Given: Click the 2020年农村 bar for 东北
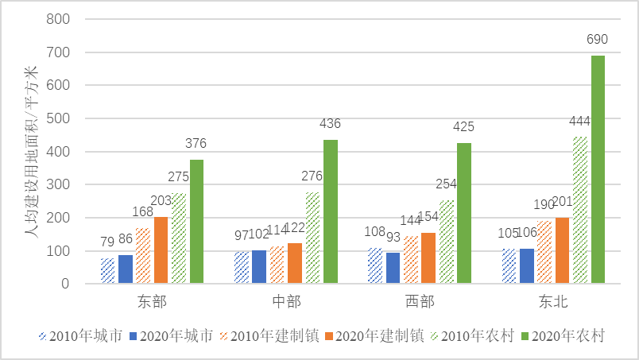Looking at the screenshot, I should point(598,169).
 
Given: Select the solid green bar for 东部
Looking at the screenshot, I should point(196,221).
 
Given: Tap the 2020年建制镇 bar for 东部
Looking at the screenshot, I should point(161,250).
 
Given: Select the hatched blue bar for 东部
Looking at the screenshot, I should point(107,270).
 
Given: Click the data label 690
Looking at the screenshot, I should point(598,38).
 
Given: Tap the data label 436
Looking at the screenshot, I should point(330,123).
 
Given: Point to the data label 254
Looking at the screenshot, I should point(446,184).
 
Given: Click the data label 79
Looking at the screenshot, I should point(106,241).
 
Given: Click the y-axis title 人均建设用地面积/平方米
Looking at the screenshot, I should point(30,151).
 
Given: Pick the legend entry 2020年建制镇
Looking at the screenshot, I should point(373,336).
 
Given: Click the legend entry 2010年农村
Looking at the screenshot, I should point(471,336).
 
